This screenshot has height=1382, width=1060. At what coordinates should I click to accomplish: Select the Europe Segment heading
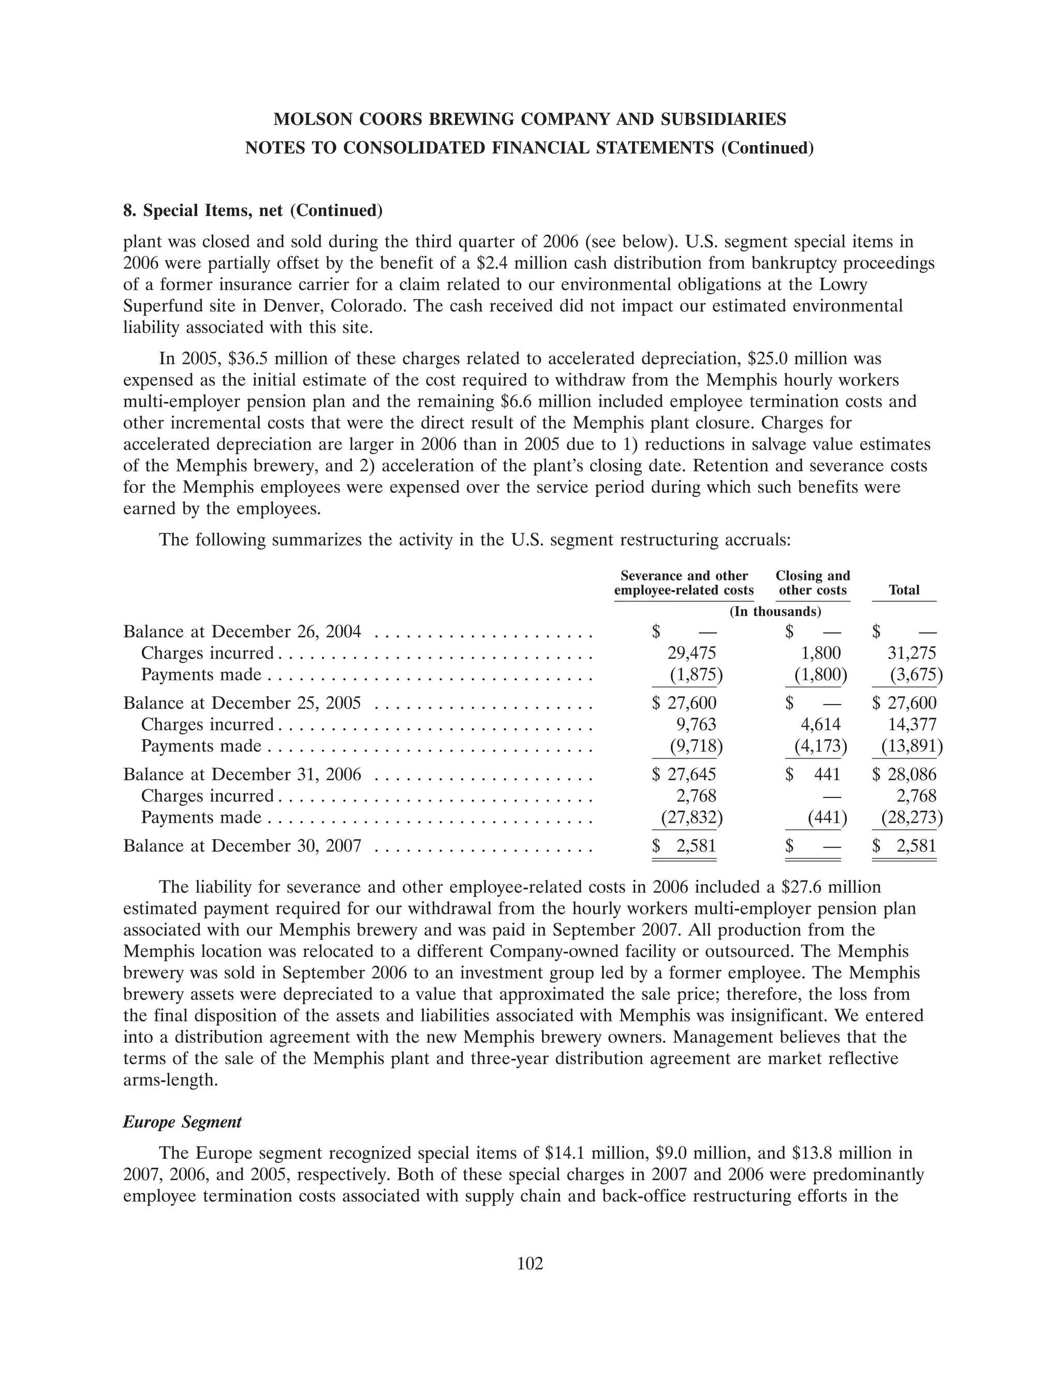[x=182, y=1122]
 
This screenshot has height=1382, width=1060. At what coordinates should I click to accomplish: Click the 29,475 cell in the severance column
[x=691, y=652]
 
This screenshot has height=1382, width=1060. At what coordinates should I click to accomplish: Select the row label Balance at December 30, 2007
[x=242, y=846]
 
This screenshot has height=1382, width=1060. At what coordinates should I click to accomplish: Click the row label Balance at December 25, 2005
[x=242, y=703]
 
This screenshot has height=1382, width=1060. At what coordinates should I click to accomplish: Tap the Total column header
[x=904, y=590]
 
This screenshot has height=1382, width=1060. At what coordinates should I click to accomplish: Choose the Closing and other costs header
[x=813, y=583]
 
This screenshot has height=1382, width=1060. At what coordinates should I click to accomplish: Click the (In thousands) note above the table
[x=775, y=612]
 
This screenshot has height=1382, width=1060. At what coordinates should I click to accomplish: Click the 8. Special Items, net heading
[x=253, y=210]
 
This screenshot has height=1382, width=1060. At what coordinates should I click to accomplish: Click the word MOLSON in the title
[x=310, y=119]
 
